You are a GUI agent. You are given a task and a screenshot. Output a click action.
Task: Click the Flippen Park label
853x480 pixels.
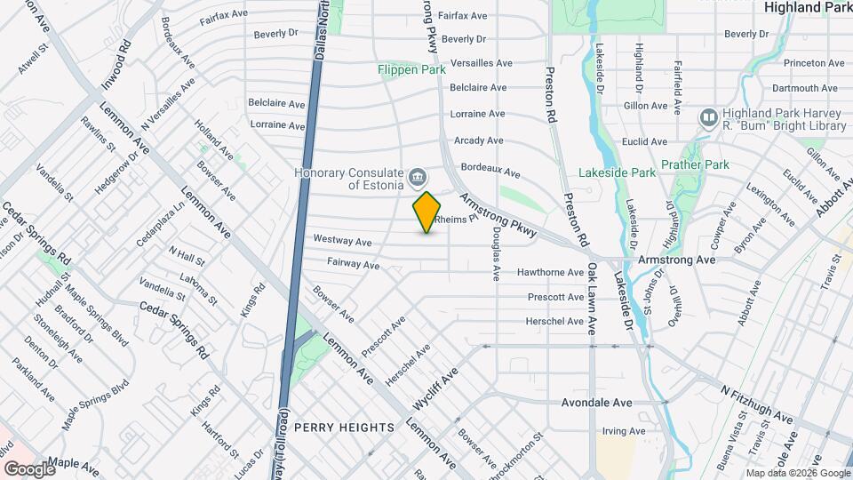pyautogui.click(x=411, y=69)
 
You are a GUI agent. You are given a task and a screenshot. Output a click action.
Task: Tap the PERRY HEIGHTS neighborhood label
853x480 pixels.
pyautogui.click(x=343, y=428)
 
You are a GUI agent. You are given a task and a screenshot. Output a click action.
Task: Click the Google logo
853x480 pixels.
pyautogui.click(x=29, y=468)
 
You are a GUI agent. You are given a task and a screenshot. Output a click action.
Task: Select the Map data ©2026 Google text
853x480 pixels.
pyautogui.click(x=798, y=473)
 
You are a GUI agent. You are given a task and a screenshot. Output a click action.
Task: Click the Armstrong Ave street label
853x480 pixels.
pyautogui.click(x=677, y=260)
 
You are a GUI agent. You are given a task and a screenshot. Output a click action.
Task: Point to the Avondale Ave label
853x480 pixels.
pyautogui.click(x=596, y=403)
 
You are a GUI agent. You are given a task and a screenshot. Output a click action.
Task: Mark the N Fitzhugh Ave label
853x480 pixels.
pyautogui.click(x=756, y=404)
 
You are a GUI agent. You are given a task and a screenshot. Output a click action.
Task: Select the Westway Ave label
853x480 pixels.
pyautogui.click(x=342, y=241)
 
